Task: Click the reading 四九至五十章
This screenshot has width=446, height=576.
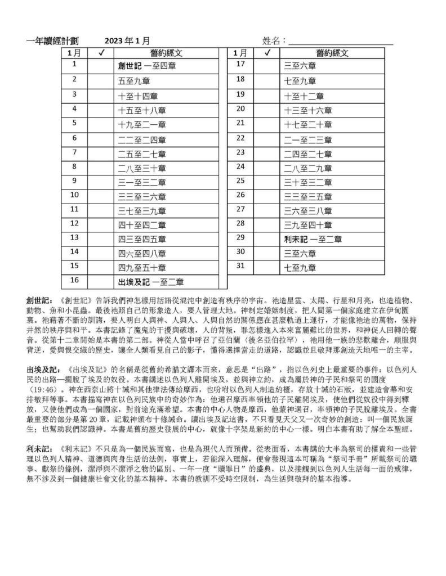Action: pos(142,267)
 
